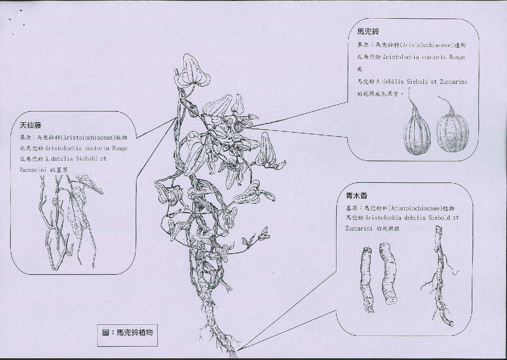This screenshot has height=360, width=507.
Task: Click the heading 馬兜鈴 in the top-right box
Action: [368, 31]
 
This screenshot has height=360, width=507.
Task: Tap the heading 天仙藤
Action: [30, 125]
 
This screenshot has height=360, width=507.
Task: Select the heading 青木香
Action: [357, 196]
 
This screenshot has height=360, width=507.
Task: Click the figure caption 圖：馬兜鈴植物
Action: [128, 332]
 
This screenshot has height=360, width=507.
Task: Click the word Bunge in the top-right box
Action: [457, 57]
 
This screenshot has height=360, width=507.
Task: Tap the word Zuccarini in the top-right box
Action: [453, 82]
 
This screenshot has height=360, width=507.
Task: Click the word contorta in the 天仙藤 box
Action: [97, 148]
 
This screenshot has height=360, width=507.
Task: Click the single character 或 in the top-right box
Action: [360, 69]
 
